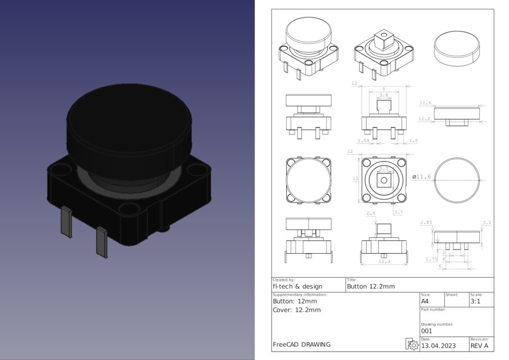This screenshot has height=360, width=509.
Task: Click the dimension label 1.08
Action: pos(363,141)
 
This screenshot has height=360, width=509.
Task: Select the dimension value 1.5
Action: pos(413,141)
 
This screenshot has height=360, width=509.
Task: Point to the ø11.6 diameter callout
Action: pos(422,177)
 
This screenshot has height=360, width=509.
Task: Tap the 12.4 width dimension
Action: pos(384,261)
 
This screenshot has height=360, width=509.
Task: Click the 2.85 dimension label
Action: pos(426,223)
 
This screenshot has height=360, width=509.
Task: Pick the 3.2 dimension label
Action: pos(487,223)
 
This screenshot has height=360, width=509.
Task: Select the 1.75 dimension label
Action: pos(431,259)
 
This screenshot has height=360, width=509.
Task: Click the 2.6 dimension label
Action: pos(371,213)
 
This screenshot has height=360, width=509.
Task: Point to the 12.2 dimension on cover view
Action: pos(425,119)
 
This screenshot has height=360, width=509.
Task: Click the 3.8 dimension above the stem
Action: pos(384,95)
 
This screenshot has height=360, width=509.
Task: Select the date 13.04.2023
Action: pos(438,346)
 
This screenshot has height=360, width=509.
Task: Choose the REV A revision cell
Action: pos(479,346)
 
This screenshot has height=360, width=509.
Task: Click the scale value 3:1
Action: pos(475,301)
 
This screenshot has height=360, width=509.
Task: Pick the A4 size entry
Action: pos(425,301)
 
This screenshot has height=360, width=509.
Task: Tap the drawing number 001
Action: pos(426,331)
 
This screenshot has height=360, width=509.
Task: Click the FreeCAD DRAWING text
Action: pos(301,344)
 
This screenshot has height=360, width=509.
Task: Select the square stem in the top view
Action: pos(384,180)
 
